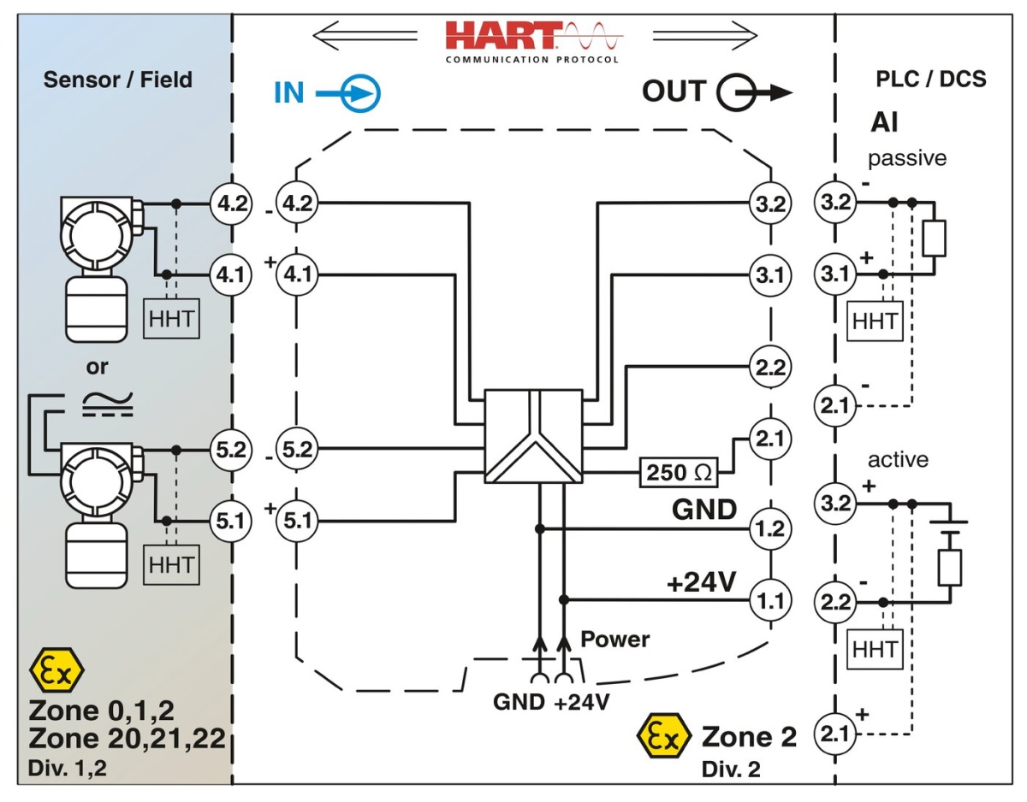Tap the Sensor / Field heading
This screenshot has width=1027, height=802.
[118, 80]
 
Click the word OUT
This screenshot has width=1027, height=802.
[674, 91]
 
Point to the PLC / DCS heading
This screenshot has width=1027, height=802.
[930, 80]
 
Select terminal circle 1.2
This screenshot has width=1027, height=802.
[771, 529]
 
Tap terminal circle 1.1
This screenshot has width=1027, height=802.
[771, 600]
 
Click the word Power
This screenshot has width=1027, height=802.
[614, 639]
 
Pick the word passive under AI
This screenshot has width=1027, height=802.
[906, 158]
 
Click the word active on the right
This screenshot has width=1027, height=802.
[898, 460]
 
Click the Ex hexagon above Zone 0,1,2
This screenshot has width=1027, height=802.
[56, 669]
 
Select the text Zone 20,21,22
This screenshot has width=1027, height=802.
[127, 738]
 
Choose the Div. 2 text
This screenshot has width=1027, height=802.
[730, 770]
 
